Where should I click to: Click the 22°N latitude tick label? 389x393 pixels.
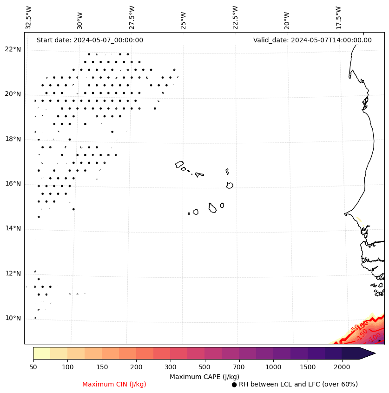coord(13,49)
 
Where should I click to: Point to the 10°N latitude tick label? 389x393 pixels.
coord(13,319)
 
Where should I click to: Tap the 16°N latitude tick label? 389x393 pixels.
coord(13,184)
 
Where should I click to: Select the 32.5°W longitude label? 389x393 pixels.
coord(29,18)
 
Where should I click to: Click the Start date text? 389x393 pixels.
coord(90,40)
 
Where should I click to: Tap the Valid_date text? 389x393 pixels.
coord(312,40)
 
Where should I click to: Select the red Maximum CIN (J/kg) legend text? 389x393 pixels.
coord(114,385)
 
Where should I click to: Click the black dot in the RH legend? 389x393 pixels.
coord(234,385)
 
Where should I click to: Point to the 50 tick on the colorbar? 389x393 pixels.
coord(33,367)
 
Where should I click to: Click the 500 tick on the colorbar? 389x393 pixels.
coord(205,367)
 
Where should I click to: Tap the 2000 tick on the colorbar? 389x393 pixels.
coord(342,367)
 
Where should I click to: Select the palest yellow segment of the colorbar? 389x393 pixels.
coord(41,353)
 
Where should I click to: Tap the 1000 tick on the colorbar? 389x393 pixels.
coord(273,367)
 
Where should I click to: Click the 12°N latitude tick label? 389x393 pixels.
coord(13,273)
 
